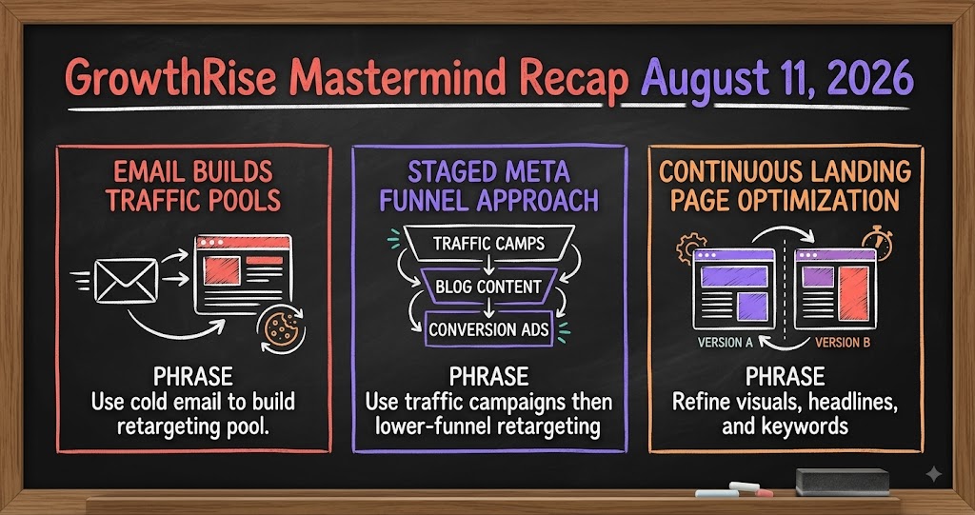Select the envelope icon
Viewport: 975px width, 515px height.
[126, 281]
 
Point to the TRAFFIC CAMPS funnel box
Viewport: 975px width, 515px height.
[488, 243]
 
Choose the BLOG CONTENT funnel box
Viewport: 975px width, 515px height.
[488, 287]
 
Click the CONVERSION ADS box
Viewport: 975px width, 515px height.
[488, 328]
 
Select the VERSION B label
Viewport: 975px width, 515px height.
[843, 343]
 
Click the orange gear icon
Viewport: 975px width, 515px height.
[691, 248]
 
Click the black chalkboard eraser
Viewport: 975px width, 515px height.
[843, 482]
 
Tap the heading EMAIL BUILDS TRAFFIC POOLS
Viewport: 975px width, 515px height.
[193, 186]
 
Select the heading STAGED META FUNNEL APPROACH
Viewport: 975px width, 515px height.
[488, 186]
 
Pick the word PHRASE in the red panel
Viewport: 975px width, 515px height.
[193, 377]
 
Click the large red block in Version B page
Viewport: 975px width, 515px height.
[853, 293]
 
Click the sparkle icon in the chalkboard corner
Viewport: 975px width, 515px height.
[933, 475]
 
